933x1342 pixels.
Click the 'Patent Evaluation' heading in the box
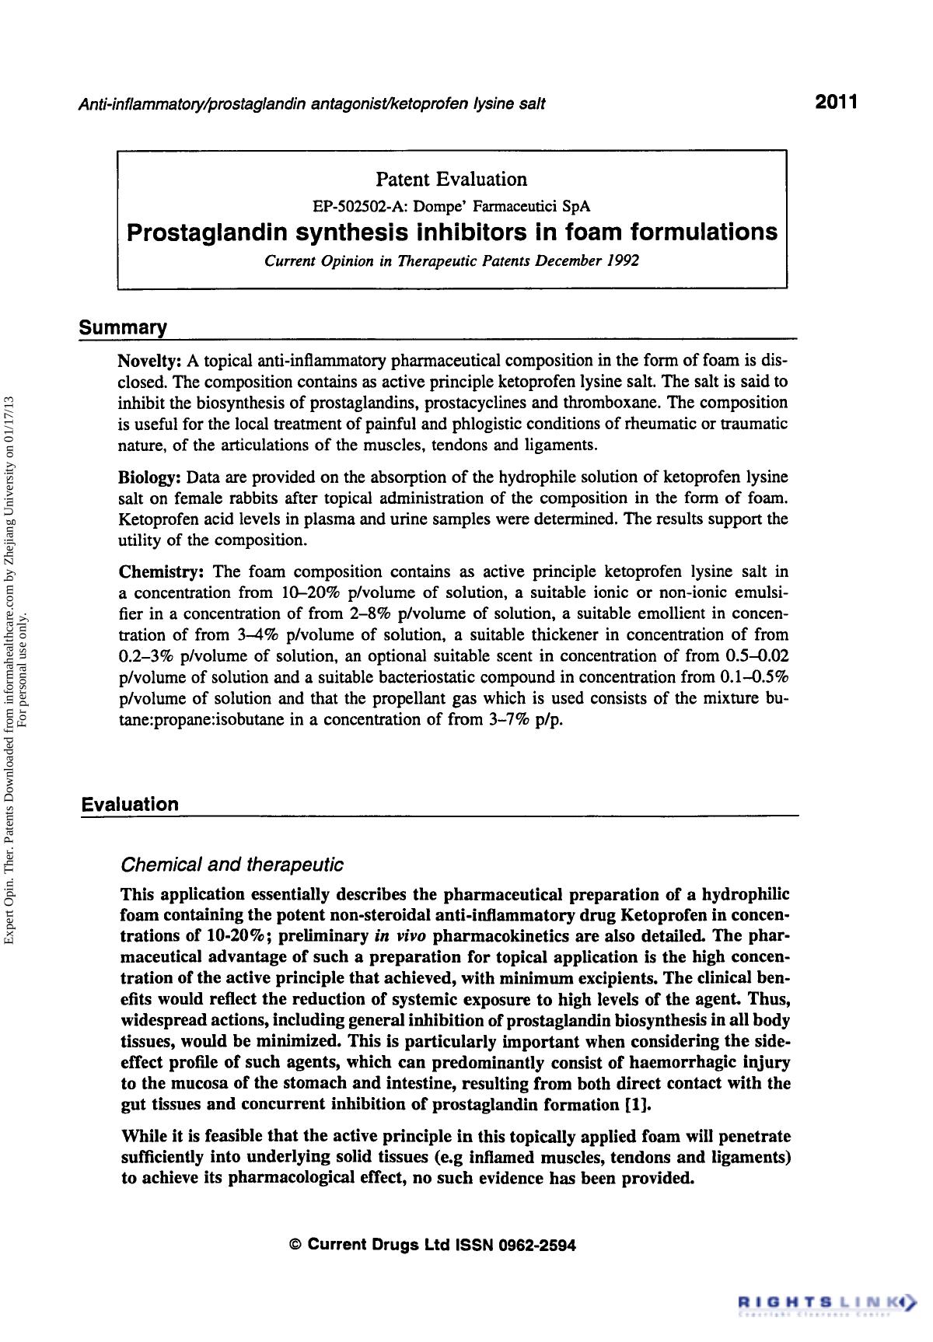451,180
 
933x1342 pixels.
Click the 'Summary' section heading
123,328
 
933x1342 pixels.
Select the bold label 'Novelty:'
149,362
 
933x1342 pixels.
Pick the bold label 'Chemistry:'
161,572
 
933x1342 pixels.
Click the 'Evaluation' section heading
130,805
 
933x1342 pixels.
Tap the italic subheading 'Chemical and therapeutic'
232,865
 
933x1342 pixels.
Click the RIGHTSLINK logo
826,1301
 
